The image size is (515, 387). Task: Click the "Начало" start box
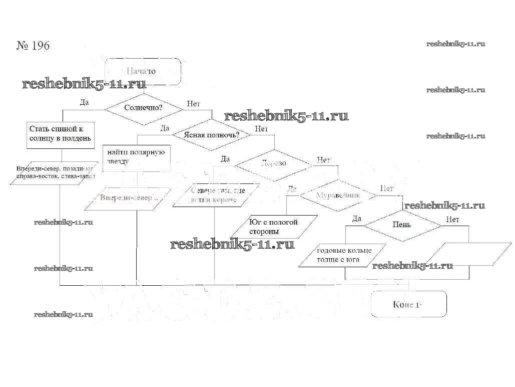[x=143, y=71]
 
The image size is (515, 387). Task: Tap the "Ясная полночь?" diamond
[x=211, y=134]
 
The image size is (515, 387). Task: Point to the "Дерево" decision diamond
[x=274, y=163]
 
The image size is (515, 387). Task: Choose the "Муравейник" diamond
[x=338, y=195]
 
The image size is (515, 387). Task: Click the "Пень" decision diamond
[x=402, y=224]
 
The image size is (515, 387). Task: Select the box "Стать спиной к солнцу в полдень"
[x=61, y=134]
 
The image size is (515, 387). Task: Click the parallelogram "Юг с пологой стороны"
[x=274, y=227]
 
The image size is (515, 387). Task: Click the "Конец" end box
[x=408, y=304]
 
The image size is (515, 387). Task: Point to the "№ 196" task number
[x=33, y=46]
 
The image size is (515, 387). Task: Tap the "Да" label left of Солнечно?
[x=84, y=102]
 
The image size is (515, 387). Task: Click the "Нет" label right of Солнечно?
[x=193, y=104]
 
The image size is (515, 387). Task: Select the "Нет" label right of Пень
[x=452, y=220]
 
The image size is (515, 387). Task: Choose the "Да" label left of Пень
[x=356, y=219]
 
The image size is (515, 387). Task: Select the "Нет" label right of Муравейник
[x=387, y=188]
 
